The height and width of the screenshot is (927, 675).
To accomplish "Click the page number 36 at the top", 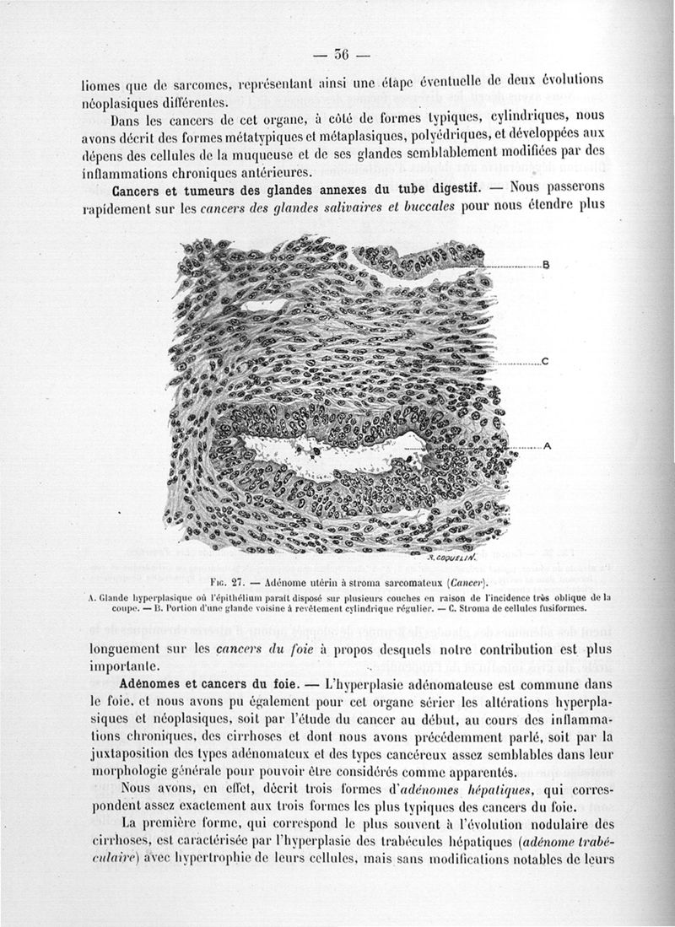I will point(341,58).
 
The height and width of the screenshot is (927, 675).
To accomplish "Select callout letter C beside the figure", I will point(545,363).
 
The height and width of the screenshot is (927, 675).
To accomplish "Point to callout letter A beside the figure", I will point(546,447).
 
